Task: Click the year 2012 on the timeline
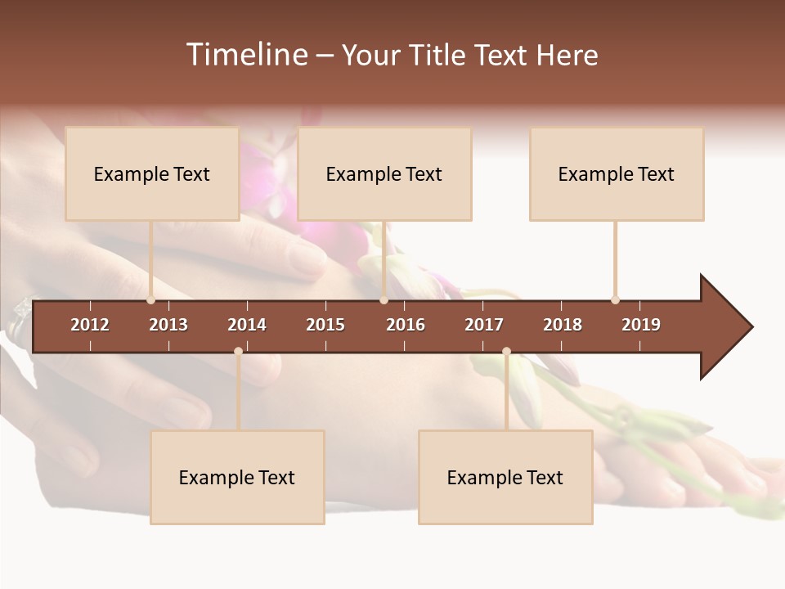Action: coord(90,325)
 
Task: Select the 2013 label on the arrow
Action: coord(168,325)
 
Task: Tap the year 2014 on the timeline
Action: coord(247,325)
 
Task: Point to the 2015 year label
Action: coord(325,325)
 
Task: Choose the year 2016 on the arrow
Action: coord(406,325)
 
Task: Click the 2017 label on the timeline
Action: coord(484,325)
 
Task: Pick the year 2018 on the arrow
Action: coord(563,325)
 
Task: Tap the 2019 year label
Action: coord(641,325)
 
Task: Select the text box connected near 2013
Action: coord(152,173)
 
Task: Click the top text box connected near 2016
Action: coord(384,173)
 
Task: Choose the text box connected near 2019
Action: coord(617,173)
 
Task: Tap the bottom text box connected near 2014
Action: coord(237,477)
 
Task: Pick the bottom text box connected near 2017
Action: coord(505,477)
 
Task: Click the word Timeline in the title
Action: coord(246,55)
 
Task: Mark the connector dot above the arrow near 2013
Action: coord(150,300)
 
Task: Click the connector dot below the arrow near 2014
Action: coord(238,352)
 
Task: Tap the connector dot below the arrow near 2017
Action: coord(506,352)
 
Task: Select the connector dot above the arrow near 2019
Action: coord(615,300)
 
